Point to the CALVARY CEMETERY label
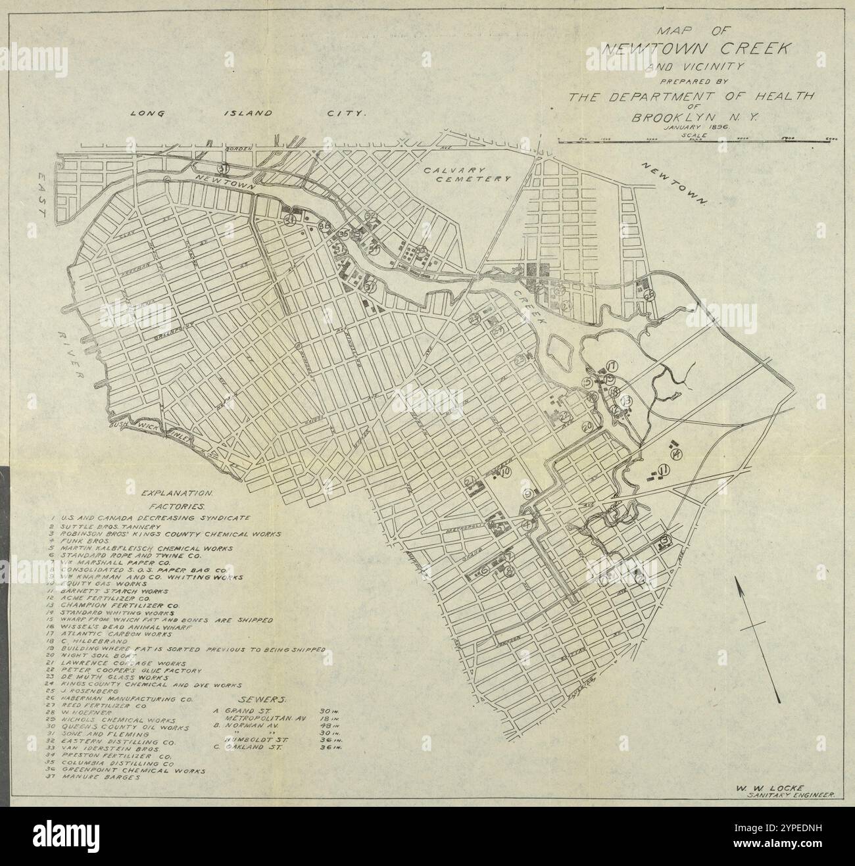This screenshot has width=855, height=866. [x=466, y=174]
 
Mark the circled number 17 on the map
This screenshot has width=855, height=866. [x=611, y=366]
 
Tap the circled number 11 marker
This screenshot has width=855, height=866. [x=664, y=469]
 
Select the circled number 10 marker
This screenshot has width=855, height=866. [x=506, y=471]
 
